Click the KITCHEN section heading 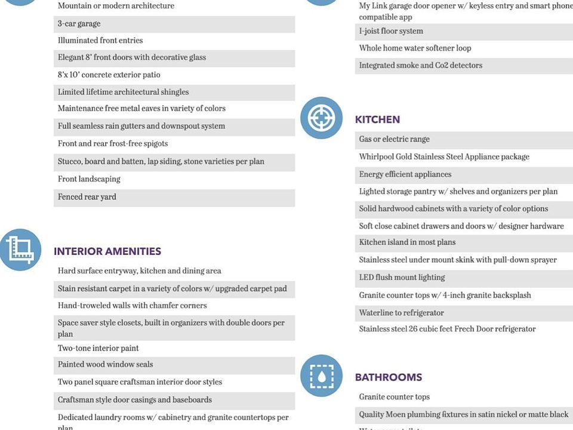377,119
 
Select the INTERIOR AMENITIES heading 107,251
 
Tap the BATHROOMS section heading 389,377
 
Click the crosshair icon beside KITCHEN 321,118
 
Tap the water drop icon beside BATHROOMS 321,376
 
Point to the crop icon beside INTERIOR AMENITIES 20,249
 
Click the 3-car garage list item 79,24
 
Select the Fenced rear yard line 87,197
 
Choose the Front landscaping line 89,179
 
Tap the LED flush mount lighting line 402,278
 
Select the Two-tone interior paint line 98,348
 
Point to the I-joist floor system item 391,31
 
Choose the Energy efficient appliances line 405,174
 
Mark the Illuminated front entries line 100,41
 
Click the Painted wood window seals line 106,364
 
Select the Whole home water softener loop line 415,48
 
